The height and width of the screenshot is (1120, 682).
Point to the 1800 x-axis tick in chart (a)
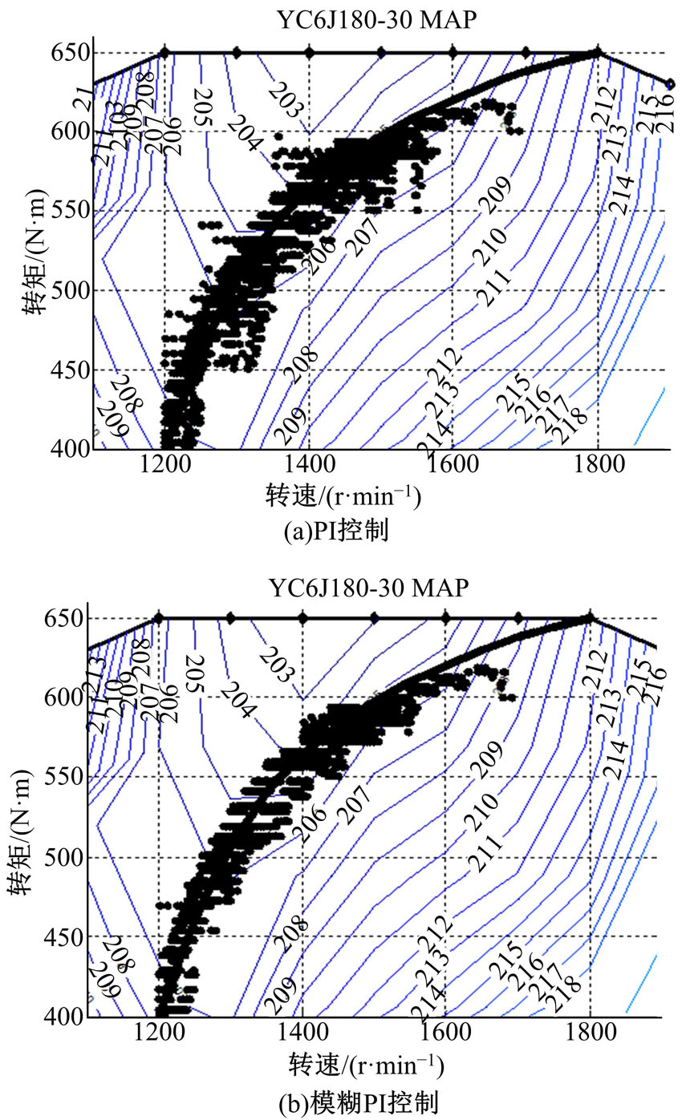(x=597, y=467)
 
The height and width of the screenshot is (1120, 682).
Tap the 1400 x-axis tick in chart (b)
(x=302, y=1035)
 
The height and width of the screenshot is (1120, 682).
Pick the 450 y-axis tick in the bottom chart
(x=64, y=936)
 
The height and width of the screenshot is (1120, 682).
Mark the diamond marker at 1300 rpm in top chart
(x=237, y=53)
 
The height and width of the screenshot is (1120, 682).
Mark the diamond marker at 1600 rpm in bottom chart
(x=445, y=618)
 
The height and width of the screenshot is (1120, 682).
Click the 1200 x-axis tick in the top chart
(x=164, y=467)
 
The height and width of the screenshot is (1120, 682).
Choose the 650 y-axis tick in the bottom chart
(x=64, y=618)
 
